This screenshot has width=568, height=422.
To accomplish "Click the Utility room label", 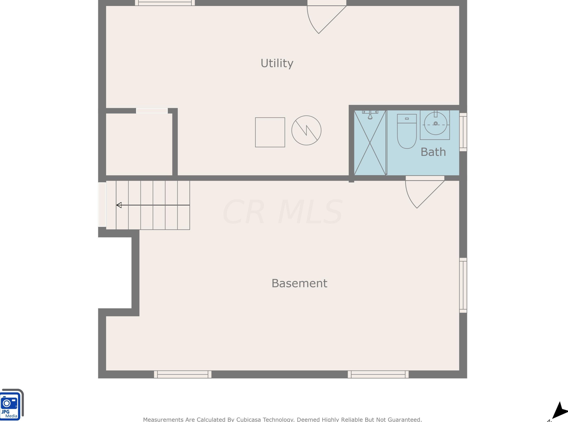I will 277,63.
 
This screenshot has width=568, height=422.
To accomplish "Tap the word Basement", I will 299,283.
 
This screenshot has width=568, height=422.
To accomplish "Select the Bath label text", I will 433,152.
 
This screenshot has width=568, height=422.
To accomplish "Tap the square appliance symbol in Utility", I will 270,132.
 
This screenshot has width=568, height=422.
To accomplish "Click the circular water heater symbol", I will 306,131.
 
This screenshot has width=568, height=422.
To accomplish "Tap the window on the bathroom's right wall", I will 463,132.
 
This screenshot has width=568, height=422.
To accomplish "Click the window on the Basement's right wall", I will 463,285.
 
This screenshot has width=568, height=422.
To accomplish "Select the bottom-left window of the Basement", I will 182,375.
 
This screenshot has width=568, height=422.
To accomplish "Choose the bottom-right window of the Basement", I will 378,375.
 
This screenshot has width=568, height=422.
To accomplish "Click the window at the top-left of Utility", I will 165,3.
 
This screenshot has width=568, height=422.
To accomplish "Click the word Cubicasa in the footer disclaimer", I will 248,419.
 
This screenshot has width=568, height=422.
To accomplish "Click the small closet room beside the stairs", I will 139,144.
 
